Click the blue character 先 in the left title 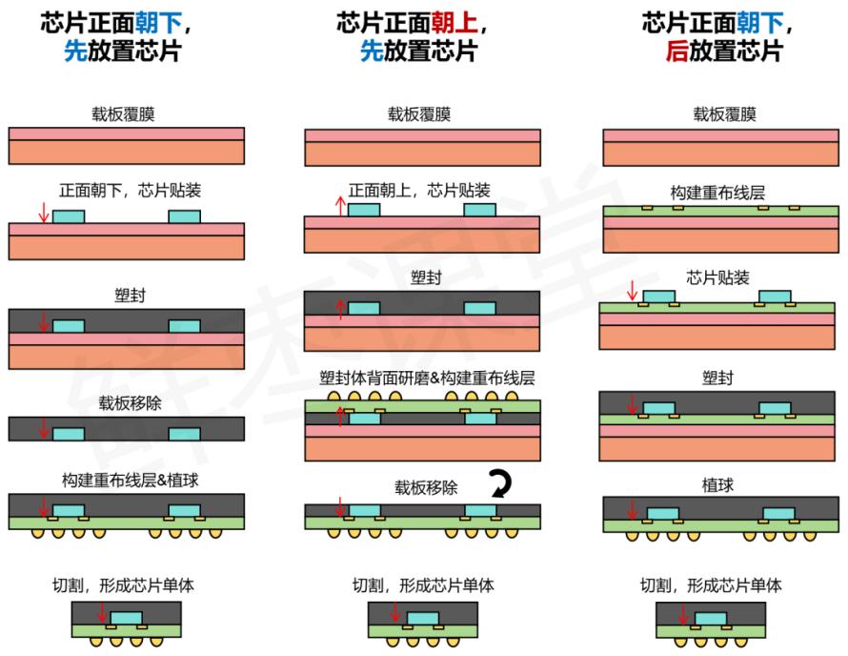(x=75, y=51)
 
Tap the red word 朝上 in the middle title (x=454, y=23)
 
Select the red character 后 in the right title (x=677, y=51)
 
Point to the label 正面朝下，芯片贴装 (x=130, y=191)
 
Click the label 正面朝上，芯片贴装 (x=419, y=191)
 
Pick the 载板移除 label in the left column (x=130, y=403)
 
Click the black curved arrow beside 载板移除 (x=500, y=483)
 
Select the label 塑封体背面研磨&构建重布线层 (x=427, y=378)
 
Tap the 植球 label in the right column (x=717, y=485)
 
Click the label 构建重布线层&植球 (x=130, y=481)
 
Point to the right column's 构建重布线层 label (x=717, y=193)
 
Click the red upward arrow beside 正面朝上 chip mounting (x=340, y=206)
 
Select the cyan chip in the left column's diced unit (x=127, y=618)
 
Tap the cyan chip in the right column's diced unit (x=711, y=618)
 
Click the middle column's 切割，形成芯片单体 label (x=423, y=585)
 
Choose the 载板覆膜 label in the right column (x=725, y=114)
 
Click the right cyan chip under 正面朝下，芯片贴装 (x=185, y=216)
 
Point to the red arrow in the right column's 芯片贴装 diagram (x=632, y=291)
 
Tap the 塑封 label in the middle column (x=426, y=277)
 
